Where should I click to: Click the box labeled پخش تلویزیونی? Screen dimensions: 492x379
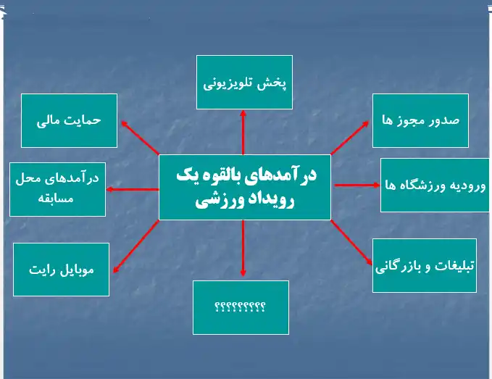pos(244,82)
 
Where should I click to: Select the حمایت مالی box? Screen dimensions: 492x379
pos(69,120)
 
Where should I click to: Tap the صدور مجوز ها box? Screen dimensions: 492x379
pos(420,120)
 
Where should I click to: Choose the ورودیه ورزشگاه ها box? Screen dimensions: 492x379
pos(435,185)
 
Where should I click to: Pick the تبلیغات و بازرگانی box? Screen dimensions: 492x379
pos(425,265)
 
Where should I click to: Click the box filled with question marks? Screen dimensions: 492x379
pos(241,307)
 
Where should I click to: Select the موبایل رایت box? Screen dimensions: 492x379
pos(61,270)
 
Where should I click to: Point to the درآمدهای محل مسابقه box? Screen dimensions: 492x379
pos(57,190)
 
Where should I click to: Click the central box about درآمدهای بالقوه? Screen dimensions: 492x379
pos(245,187)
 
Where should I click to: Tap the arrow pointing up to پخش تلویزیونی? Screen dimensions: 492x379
pos(243,133)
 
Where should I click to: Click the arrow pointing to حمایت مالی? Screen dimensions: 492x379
pos(141,138)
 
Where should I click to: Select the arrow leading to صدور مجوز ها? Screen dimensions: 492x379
pos(350,138)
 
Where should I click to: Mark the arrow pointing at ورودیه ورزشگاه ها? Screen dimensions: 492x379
pos(357,185)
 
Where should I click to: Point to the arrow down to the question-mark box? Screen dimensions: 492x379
pos(243,248)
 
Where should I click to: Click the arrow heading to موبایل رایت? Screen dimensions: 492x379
pos(136,246)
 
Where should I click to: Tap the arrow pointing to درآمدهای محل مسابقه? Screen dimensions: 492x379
pos(133,190)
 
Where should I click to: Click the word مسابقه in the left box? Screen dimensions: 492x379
pos(56,199)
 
